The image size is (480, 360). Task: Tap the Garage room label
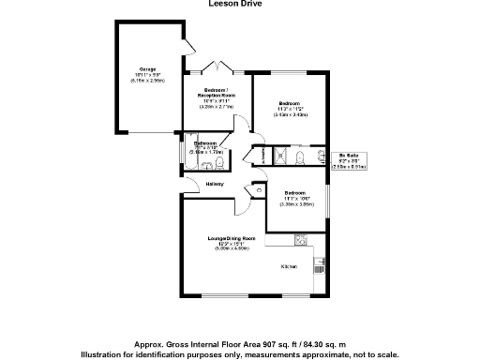click(x=147, y=69)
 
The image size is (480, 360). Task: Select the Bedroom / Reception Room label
click(x=216, y=93)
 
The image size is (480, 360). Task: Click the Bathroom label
click(x=205, y=142)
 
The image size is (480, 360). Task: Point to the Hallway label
click(x=215, y=184)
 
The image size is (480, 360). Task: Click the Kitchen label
click(x=290, y=268)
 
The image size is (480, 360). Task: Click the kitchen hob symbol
click(x=303, y=239)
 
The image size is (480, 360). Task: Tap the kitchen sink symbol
click(x=319, y=266)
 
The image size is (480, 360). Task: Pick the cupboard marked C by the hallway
click(x=258, y=191)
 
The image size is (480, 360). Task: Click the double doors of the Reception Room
click(x=217, y=67)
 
